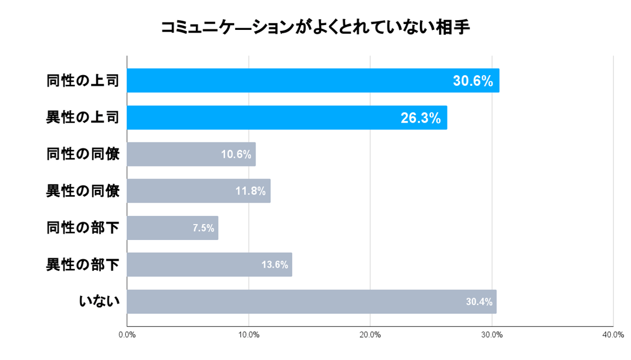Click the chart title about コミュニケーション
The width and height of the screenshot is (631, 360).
click(315, 28)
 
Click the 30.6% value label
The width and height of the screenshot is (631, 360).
click(473, 81)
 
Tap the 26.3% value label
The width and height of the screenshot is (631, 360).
click(420, 118)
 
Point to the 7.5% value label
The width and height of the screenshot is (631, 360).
click(203, 228)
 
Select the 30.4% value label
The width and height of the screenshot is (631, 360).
click(478, 302)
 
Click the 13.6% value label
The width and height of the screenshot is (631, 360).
click(275, 265)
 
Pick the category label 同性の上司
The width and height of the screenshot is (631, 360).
click(83, 81)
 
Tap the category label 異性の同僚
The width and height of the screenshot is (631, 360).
click(83, 191)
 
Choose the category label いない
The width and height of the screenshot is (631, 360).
click(99, 301)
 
